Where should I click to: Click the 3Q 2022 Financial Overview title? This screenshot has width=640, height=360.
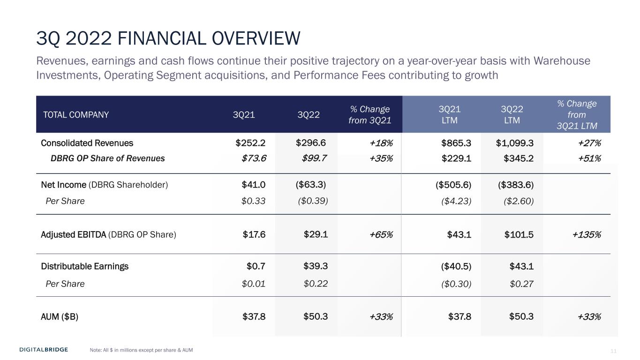click(x=168, y=38)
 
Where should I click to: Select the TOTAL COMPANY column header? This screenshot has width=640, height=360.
click(x=76, y=115)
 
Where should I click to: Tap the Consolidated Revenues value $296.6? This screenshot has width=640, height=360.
click(x=310, y=143)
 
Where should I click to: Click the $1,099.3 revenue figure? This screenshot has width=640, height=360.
click(x=514, y=143)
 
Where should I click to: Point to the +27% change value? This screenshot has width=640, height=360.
click(x=589, y=143)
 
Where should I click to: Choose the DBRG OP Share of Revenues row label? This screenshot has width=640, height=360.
click(x=107, y=158)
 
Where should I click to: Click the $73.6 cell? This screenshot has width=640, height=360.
click(x=254, y=158)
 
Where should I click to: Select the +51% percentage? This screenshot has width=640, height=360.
click(x=589, y=158)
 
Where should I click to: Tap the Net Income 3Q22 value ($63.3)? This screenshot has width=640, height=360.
click(x=310, y=185)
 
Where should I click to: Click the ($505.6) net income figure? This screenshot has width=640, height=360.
click(x=453, y=185)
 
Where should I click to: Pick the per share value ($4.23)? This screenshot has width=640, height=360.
click(x=456, y=201)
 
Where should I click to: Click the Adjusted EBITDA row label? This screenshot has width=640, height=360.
click(x=109, y=234)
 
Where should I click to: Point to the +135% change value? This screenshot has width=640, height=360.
click(x=587, y=234)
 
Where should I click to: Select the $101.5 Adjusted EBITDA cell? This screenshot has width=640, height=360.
click(x=519, y=234)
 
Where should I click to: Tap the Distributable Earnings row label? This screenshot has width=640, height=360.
click(x=84, y=266)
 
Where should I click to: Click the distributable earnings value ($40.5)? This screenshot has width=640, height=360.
click(x=456, y=267)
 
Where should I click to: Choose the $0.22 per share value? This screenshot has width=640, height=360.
click(x=316, y=284)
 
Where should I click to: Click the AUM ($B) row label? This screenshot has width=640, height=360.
click(x=60, y=316)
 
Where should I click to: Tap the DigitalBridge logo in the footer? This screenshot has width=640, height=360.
click(x=44, y=350)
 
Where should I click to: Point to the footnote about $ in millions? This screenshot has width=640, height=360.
click(x=141, y=350)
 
